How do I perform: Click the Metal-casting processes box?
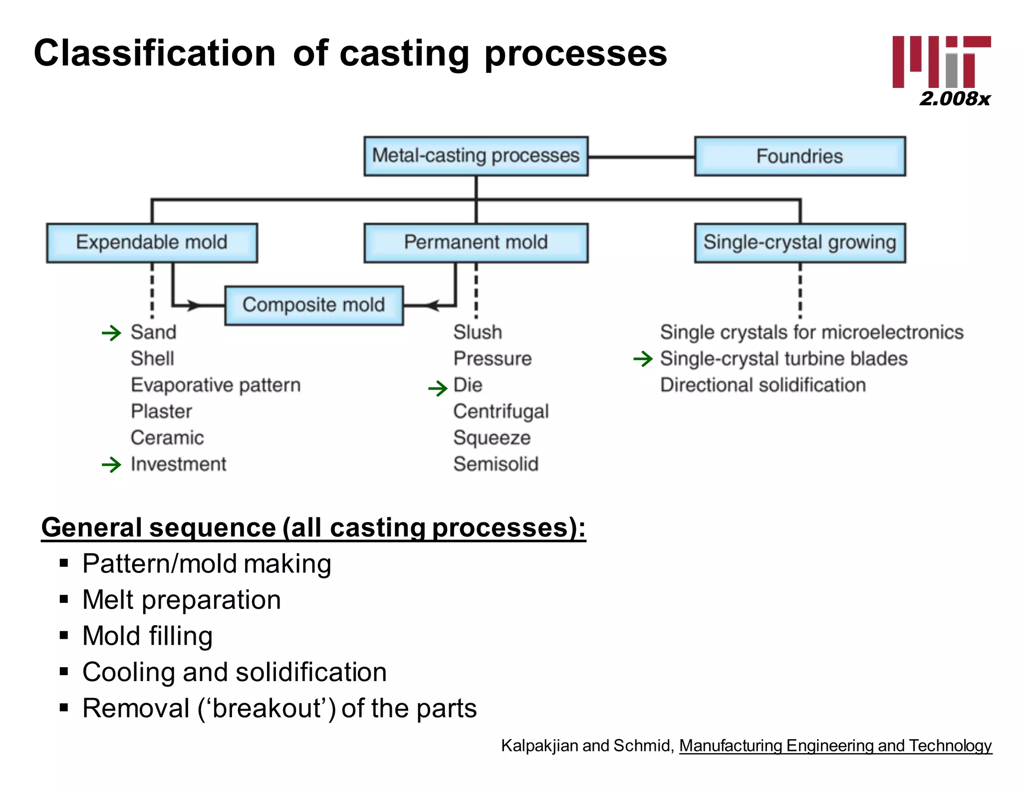pos(476,156)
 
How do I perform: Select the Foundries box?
pos(799,156)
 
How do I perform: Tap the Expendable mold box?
pos(152,243)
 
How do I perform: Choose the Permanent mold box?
pos(476,243)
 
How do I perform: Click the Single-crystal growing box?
pos(799,243)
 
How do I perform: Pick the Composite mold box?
pos(313,305)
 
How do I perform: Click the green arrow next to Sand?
pos(111,333)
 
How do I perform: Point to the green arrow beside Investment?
pos(111,465)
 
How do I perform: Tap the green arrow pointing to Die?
pos(438,388)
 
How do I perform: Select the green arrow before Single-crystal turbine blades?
pos(643,359)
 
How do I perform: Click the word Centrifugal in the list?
pos(501,411)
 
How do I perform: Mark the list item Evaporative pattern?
pos(216,385)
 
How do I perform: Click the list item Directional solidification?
pos(763,385)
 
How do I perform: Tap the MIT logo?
pos(941,62)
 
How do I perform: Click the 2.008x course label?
pos(954,99)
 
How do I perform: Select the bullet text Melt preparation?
pos(182,600)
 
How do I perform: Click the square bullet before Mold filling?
pos(63,636)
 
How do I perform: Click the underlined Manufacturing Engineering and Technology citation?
pos(835,746)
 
